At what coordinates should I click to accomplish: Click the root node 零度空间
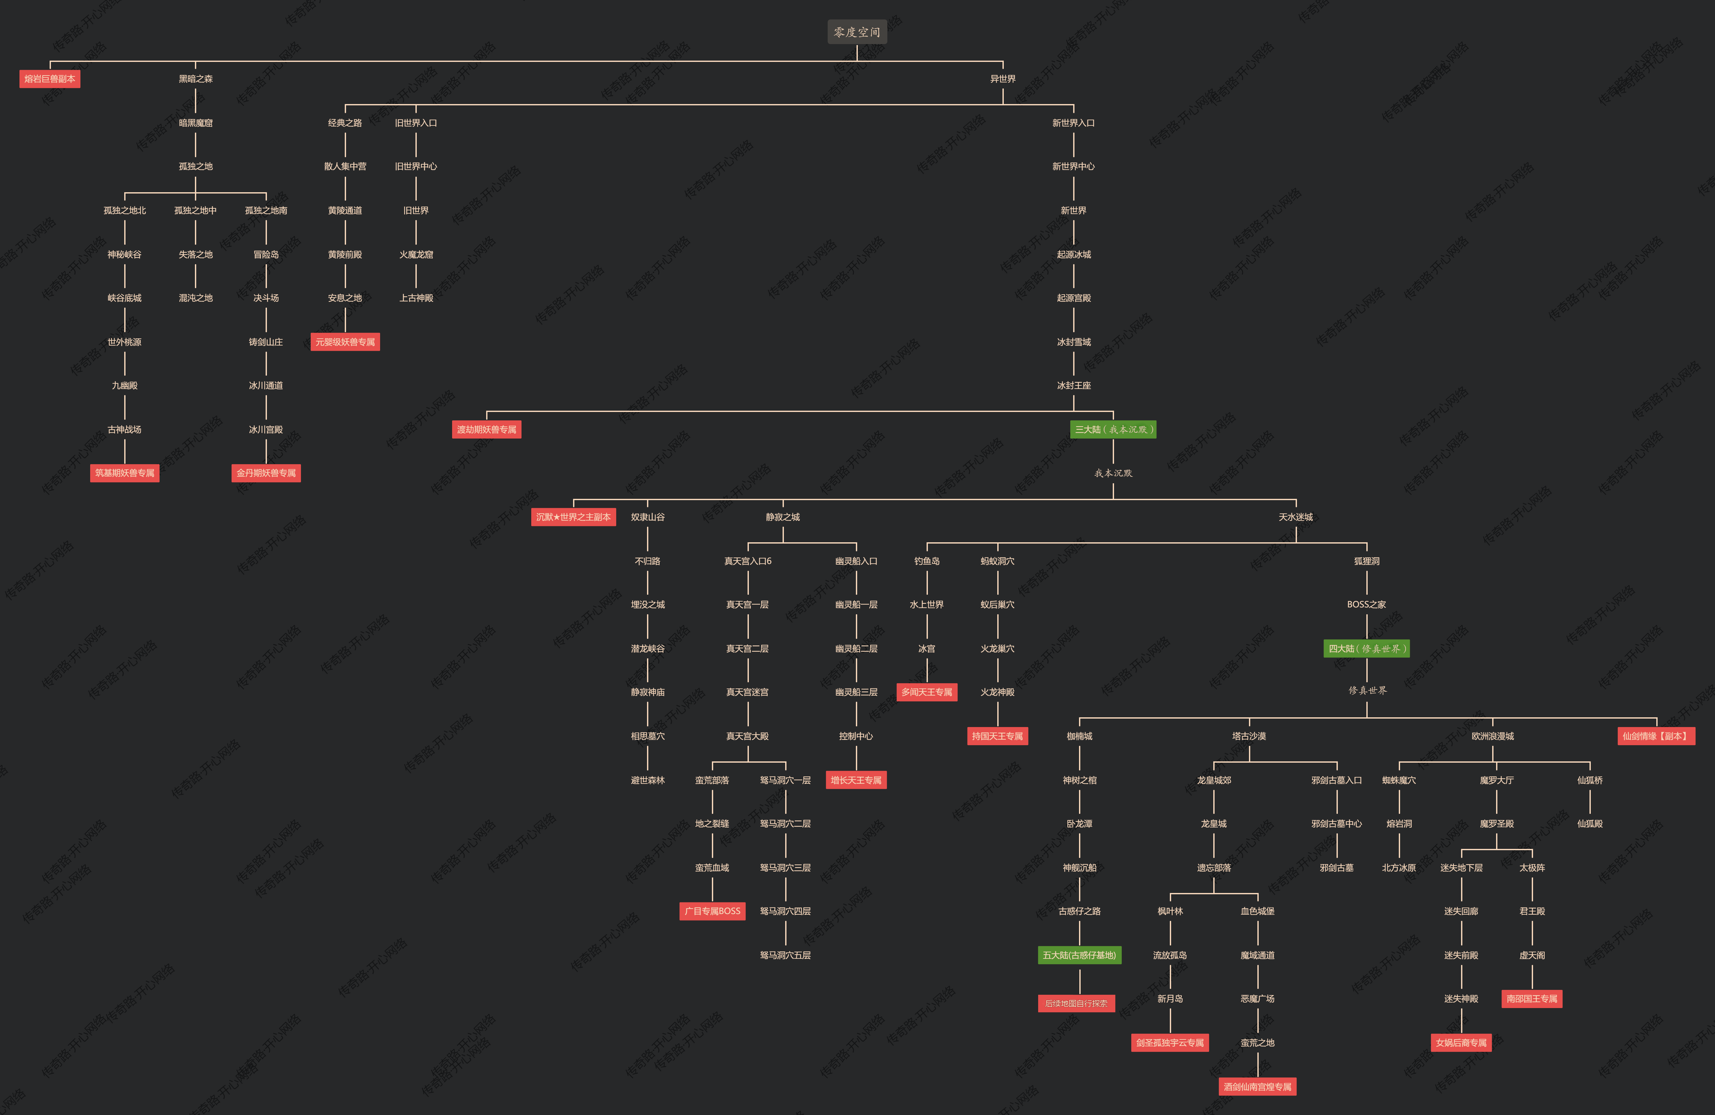(x=857, y=32)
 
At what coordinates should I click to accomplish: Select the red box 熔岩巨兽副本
(x=50, y=78)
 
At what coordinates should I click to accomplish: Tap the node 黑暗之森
(x=195, y=78)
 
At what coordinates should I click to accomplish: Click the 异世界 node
(x=1002, y=78)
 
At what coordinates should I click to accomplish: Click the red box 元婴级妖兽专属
(x=345, y=341)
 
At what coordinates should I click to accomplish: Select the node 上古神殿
(x=416, y=298)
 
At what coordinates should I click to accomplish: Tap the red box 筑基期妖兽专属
(x=125, y=473)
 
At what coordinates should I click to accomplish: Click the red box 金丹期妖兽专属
(x=266, y=473)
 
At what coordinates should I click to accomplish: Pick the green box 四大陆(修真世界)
(x=1366, y=648)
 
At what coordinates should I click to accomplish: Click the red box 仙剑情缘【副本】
(x=1656, y=735)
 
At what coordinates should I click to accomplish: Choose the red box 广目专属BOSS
(x=712, y=911)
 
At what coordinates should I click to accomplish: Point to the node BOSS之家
(x=1366, y=604)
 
